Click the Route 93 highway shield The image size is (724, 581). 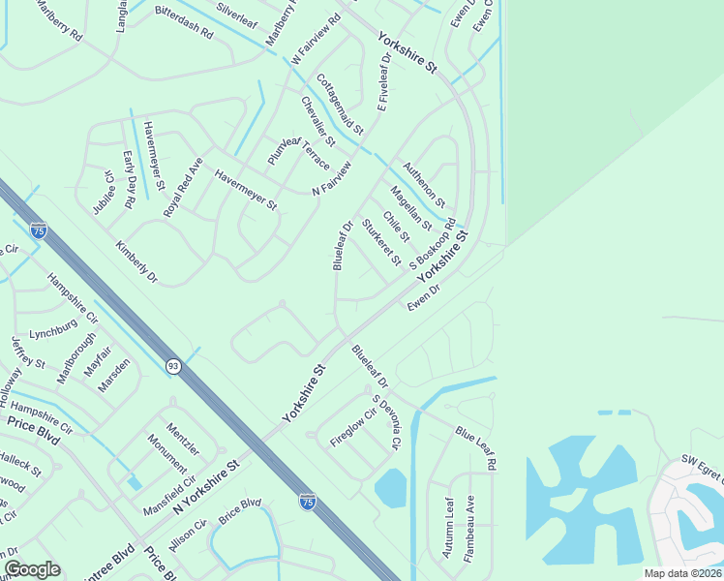pos(172,366)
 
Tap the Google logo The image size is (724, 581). pos(32,569)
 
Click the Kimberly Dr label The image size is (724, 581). pos(136,261)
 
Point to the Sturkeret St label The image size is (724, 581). pos(380,242)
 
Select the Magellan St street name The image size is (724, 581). pos(410,208)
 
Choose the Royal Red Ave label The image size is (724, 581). pos(182,187)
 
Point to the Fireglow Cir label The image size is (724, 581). pos(352,427)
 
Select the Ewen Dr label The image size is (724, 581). pos(424,295)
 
